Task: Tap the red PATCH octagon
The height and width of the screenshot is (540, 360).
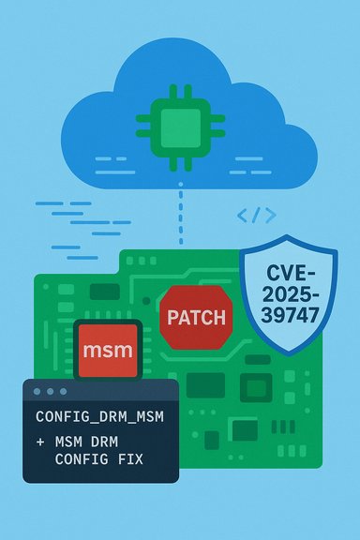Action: (x=196, y=318)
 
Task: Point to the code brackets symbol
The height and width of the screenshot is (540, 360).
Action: (x=256, y=216)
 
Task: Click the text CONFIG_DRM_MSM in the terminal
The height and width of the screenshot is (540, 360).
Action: (x=98, y=415)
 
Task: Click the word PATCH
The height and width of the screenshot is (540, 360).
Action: (x=196, y=318)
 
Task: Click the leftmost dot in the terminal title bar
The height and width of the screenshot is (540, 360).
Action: (x=37, y=391)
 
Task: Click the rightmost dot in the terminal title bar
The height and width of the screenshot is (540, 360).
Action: (x=64, y=391)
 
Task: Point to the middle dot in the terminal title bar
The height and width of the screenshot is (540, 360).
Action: (x=51, y=391)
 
